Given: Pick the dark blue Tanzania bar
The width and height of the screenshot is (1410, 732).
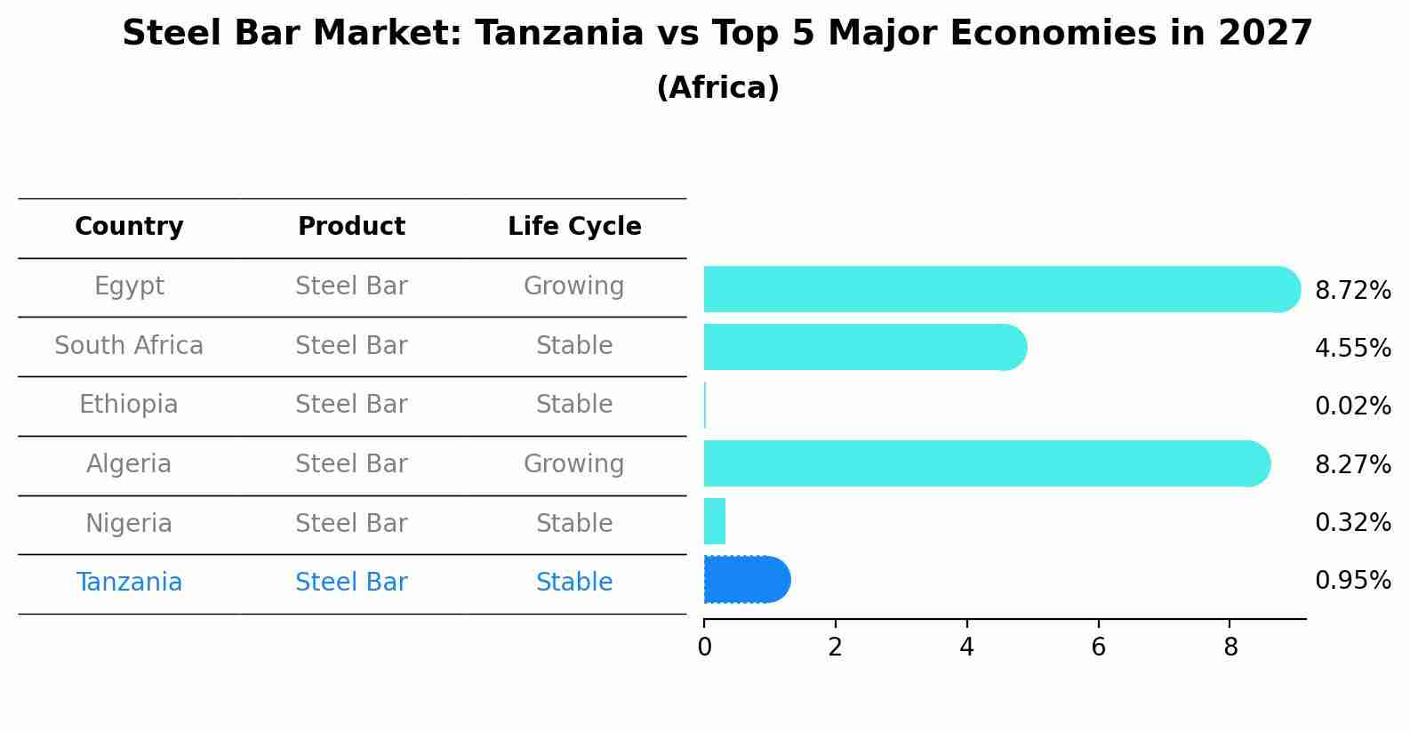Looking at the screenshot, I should click(746, 580).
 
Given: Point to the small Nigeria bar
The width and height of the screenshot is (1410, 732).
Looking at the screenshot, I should click(715, 521).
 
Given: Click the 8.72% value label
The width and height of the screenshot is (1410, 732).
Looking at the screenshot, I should click(1352, 291).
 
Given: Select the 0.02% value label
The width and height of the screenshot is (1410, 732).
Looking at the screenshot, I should click(1352, 406).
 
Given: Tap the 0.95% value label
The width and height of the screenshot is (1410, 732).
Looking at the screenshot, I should click(1352, 581).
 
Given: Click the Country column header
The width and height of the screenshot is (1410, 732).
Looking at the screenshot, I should click(129, 227).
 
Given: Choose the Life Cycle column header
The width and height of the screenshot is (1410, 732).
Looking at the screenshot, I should click(574, 227).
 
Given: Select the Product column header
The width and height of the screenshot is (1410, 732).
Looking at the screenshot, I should click(351, 227).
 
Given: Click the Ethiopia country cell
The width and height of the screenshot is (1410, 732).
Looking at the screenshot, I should click(129, 405).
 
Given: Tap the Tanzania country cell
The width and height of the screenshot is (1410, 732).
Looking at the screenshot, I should click(129, 583).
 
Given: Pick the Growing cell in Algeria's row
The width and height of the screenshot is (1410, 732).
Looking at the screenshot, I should click(573, 464).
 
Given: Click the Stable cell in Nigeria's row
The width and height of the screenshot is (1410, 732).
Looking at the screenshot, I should click(573, 523).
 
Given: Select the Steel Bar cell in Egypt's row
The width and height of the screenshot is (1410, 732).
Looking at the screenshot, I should click(351, 286).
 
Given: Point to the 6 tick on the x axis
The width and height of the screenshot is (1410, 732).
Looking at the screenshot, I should click(1098, 648).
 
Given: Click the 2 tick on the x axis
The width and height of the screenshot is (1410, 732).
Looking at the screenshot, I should click(835, 648).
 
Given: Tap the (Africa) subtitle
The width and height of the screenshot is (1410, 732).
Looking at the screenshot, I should click(717, 88).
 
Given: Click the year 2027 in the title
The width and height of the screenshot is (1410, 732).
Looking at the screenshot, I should click(1265, 34).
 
